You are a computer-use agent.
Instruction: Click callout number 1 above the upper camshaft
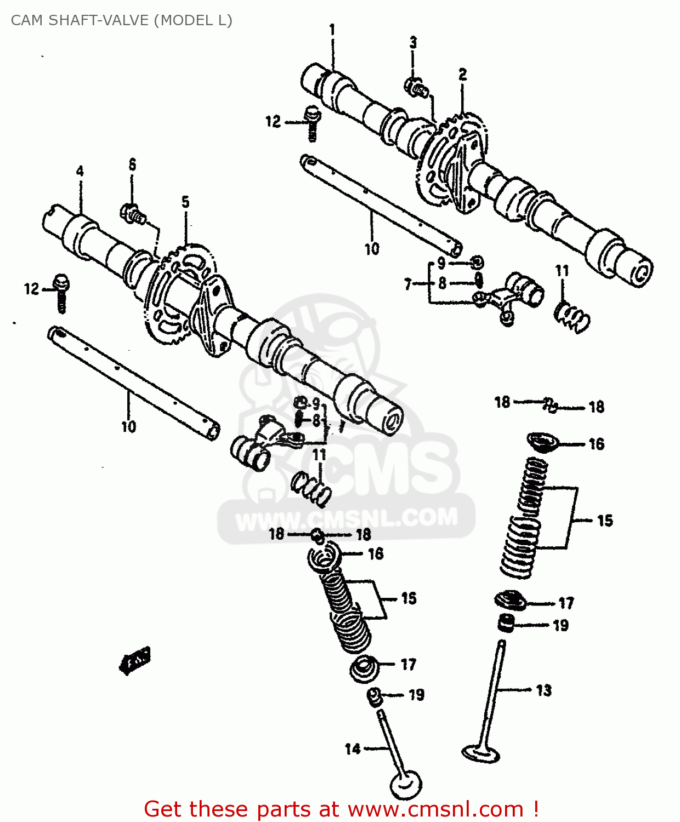coord(332,30)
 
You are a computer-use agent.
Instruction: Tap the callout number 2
coord(463,75)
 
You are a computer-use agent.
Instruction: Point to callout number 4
coord(80,171)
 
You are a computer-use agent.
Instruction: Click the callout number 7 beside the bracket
coord(407,284)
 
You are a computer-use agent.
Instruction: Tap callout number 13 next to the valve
coord(543,690)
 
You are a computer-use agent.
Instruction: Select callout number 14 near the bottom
coord(353,749)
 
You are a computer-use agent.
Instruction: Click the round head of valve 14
coord(406,785)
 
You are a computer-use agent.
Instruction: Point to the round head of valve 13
coord(481,753)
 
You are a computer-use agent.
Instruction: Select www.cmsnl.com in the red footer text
coord(435,809)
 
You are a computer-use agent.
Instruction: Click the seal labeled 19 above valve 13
coord(506,623)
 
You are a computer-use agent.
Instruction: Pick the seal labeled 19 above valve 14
coord(375,696)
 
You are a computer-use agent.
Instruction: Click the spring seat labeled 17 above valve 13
coord(510,601)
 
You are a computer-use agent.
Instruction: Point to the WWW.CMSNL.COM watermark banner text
coord(347,517)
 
